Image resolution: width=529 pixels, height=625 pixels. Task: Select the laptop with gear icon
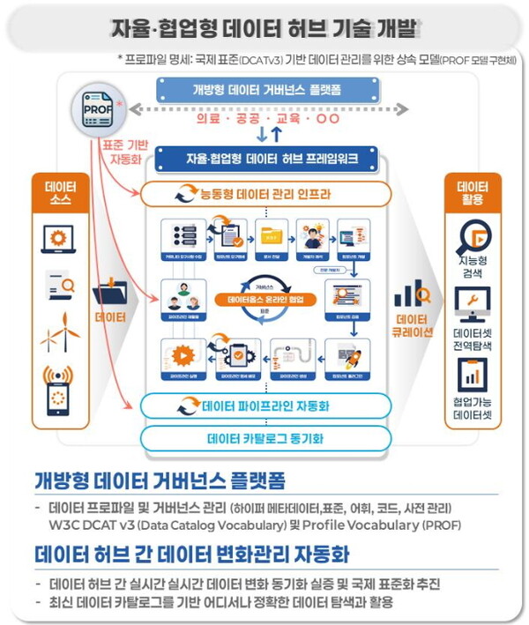[x=60, y=238]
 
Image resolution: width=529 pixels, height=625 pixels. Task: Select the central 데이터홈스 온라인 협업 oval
[x=265, y=300]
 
